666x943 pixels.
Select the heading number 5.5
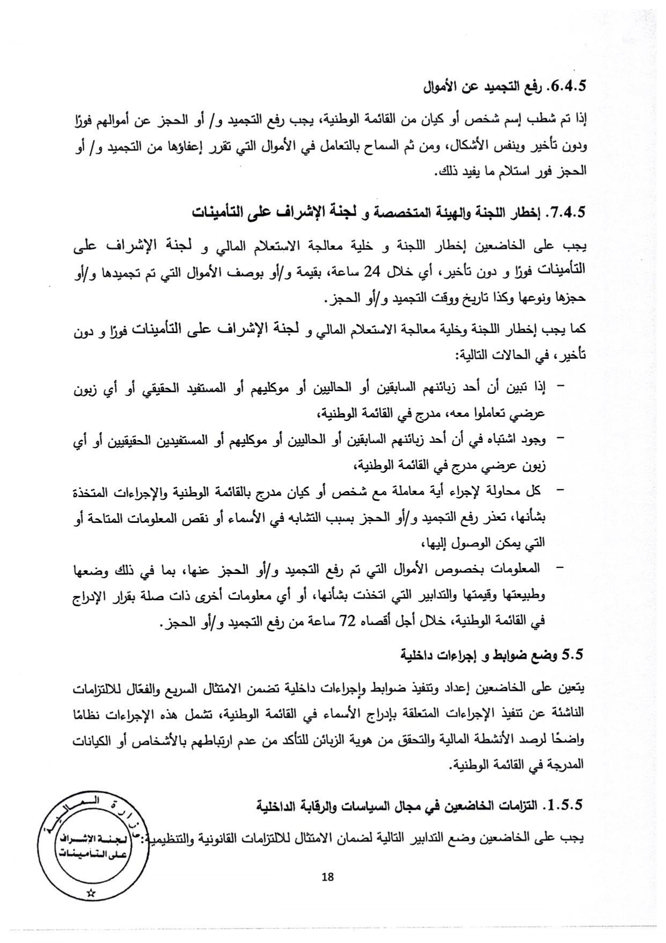click(572, 654)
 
